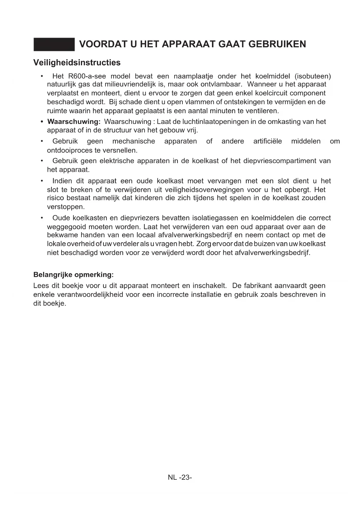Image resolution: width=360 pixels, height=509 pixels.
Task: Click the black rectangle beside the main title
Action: (x=54, y=44)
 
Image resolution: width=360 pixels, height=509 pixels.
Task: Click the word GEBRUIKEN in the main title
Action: (x=277, y=44)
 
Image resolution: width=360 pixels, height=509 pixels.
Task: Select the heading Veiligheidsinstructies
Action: (x=77, y=63)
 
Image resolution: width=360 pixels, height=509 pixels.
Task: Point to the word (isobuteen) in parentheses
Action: (x=312, y=76)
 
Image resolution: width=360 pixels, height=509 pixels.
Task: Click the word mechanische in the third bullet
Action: (x=133, y=141)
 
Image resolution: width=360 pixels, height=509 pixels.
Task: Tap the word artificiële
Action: (x=267, y=141)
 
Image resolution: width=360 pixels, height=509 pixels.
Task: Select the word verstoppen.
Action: (x=66, y=207)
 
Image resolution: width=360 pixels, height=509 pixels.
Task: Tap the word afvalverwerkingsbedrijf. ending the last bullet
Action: (x=272, y=253)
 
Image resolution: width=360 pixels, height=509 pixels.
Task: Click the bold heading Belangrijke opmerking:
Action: (x=73, y=275)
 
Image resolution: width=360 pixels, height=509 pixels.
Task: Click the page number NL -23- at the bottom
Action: (x=180, y=477)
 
